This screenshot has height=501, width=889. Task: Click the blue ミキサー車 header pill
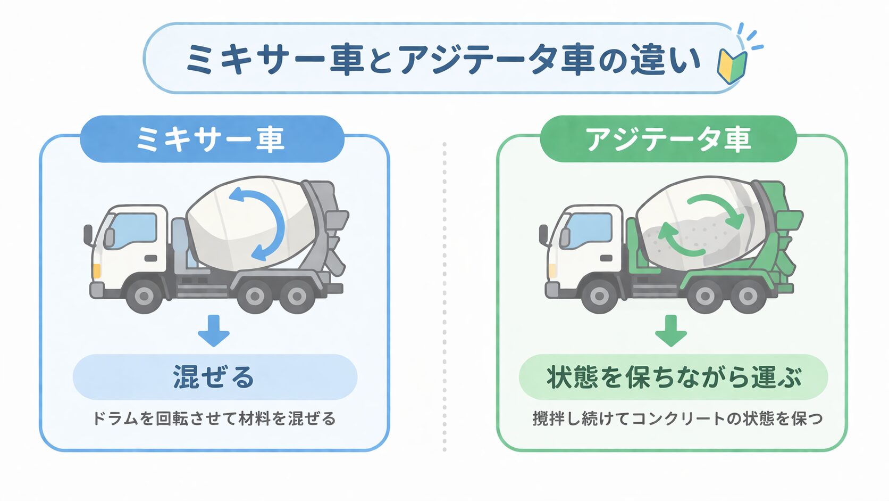click(212, 139)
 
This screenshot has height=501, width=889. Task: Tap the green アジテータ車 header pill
click(668, 139)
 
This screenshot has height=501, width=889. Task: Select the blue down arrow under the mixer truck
click(213, 331)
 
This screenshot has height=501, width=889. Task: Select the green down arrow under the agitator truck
click(670, 331)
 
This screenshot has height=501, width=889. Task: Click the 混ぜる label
click(214, 377)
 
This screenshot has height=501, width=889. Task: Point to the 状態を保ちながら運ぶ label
click(673, 377)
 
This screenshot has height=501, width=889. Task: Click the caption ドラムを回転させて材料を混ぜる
click(214, 418)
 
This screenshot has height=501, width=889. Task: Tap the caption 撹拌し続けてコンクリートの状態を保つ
click(677, 418)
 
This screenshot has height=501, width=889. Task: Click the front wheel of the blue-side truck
click(145, 295)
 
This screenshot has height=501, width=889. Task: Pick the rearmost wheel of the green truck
click(747, 296)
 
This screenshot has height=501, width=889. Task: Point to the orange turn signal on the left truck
click(97, 270)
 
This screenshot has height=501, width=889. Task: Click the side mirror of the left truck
click(88, 234)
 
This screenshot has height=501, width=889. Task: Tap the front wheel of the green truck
click(600, 296)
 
